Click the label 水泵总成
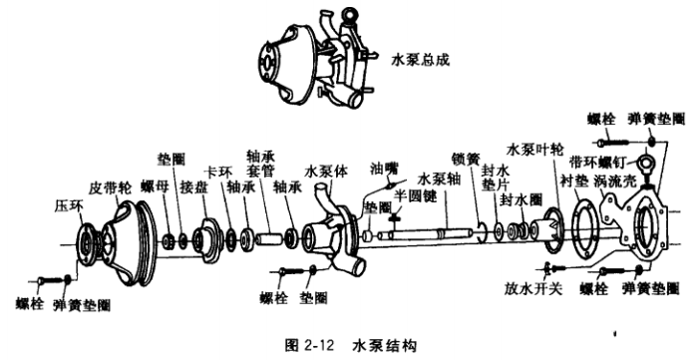[420, 60]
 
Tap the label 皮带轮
[110, 187]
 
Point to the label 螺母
[155, 186]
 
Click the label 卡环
[217, 173]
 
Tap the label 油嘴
[384, 169]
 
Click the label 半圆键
[416, 196]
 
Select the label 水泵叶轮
[535, 150]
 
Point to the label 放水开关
[533, 288]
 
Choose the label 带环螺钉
[598, 162]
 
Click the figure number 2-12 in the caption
[319, 345]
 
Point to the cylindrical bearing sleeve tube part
[269, 239]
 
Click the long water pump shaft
[427, 233]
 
